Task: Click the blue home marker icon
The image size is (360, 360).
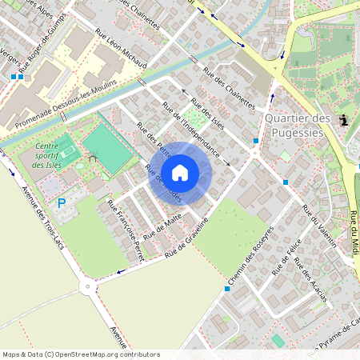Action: [180, 172]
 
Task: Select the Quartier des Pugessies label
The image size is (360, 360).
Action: [297, 125]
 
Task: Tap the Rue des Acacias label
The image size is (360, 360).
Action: [310, 279]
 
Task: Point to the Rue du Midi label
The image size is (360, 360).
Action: [354, 234]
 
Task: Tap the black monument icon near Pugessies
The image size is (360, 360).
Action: [344, 121]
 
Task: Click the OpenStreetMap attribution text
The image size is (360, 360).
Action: [81, 354]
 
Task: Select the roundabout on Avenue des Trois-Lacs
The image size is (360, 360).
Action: [87, 286]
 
